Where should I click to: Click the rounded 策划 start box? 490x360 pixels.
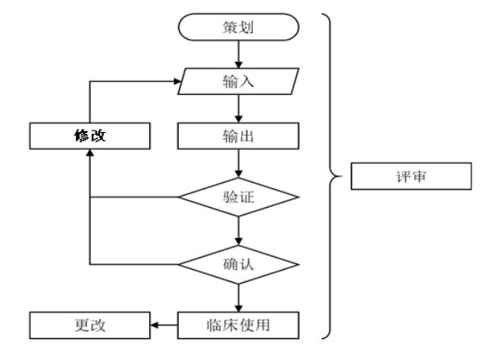[239, 27]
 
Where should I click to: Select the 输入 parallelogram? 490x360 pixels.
[239, 81]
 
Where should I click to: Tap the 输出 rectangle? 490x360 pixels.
[239, 136]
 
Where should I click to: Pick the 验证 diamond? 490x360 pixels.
[239, 197]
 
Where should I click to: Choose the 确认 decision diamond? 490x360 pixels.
[239, 264]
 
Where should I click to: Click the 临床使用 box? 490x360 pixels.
[239, 325]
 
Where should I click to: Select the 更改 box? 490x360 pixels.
[90, 325]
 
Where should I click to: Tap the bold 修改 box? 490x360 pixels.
[90, 136]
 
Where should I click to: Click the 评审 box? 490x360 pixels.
[411, 176]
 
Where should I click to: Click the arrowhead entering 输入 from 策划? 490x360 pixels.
[239, 64]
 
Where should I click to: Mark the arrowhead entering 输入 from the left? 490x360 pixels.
[177, 81]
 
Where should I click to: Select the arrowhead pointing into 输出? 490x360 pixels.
[239, 119]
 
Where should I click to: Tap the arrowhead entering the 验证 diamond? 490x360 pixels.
[239, 174]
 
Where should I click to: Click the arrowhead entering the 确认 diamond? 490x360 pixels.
[239, 242]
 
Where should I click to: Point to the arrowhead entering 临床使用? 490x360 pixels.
[239, 308]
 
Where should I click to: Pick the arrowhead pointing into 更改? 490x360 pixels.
[155, 325]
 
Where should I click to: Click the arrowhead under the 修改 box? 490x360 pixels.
[90, 153]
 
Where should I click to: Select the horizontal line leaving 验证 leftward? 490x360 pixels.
[134, 197]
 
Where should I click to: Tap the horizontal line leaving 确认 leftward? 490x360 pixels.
[134, 264]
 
